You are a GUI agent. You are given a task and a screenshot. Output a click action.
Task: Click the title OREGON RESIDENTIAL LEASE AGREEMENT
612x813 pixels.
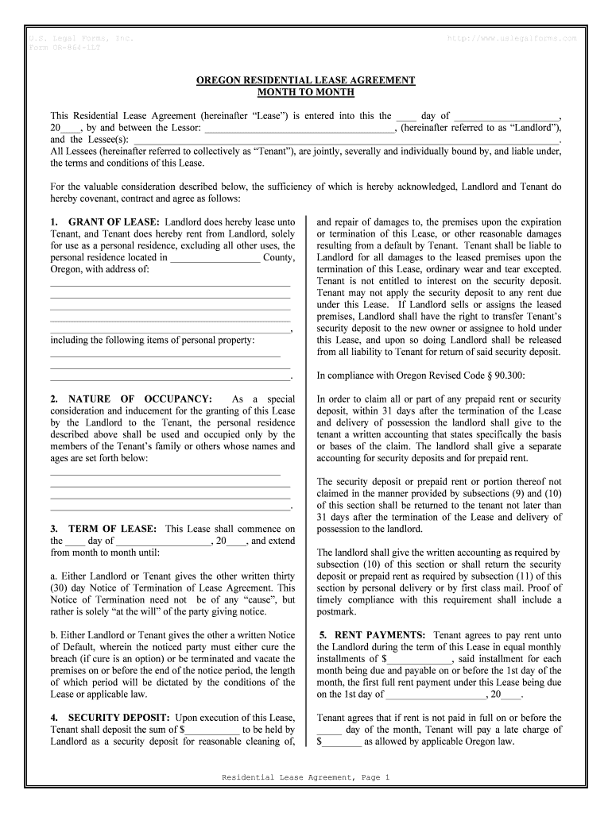click(306, 81)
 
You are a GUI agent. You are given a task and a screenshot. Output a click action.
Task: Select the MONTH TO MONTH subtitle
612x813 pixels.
click(306, 93)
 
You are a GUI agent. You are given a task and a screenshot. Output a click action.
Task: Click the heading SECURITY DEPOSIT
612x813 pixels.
click(120, 718)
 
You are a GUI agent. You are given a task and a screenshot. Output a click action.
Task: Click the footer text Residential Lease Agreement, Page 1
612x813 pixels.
click(306, 777)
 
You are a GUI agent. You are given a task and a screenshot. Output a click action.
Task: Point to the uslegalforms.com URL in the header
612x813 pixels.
click(513, 38)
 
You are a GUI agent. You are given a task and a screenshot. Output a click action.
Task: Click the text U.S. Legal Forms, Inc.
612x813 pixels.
click(80, 38)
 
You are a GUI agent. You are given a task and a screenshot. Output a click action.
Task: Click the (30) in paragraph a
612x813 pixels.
click(60, 588)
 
